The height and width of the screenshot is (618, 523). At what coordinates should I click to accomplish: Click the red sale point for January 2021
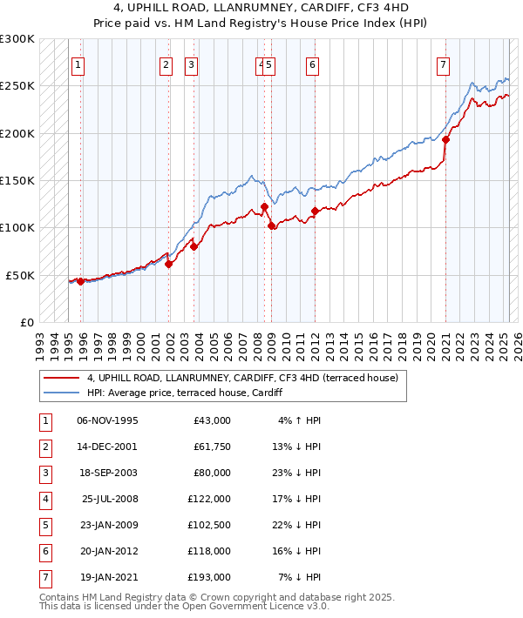point(445,139)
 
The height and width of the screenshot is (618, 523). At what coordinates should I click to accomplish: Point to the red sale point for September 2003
point(194,246)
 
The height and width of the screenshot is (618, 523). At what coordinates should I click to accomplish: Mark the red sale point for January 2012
point(314,211)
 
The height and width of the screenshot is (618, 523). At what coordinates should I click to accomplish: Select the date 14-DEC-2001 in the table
point(107,446)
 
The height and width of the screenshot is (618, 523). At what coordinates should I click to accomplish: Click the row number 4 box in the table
point(44,498)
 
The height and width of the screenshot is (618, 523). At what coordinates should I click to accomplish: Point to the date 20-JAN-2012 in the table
point(107,550)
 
